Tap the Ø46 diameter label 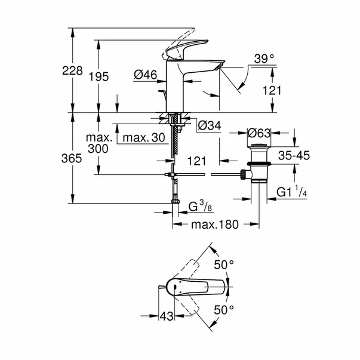click(146, 75)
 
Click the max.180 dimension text click(214, 224)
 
